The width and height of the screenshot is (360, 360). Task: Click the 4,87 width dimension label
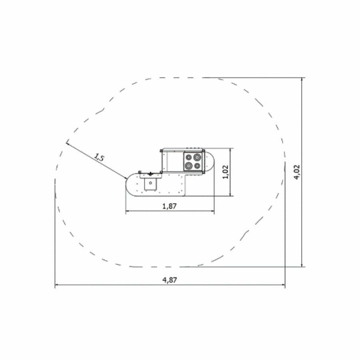170,280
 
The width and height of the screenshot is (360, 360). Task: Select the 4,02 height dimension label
297,172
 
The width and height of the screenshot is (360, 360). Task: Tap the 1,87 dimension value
170,206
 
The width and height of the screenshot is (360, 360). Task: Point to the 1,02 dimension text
226,172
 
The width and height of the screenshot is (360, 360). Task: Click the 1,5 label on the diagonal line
99,158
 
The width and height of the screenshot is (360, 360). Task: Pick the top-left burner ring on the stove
188,157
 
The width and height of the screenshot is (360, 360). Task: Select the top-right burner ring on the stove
197,157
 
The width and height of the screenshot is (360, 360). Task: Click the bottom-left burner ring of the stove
189,165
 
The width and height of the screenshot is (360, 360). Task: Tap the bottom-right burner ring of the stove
197,165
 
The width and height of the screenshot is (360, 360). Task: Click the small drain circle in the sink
150,183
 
